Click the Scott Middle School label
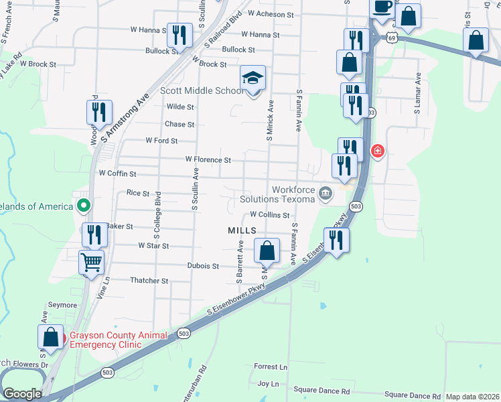click(202, 90)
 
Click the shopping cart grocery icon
click(92, 262)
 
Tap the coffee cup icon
click(382, 8)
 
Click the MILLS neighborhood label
click(242, 230)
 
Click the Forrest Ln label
click(271, 367)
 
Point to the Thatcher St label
click(149, 281)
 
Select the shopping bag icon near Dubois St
click(267, 252)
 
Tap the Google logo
click(22, 394)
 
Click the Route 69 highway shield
click(392, 38)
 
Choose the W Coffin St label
click(117, 174)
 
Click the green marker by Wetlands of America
click(83, 206)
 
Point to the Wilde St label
click(180, 107)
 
